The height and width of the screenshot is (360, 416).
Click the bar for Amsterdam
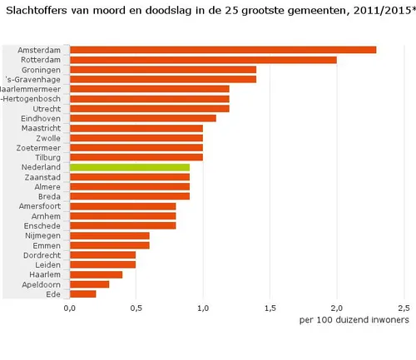click(223, 50)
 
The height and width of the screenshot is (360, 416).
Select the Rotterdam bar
click(203, 60)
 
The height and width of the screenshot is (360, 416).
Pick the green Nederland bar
click(130, 167)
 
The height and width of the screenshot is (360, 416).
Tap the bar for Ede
click(83, 293)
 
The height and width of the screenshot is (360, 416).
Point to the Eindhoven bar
click(143, 118)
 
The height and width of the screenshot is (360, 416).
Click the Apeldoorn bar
click(90, 284)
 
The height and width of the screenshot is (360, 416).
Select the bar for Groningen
click(163, 70)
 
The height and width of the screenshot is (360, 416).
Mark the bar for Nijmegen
click(110, 234)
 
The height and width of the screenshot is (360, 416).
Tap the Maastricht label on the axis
click(41, 128)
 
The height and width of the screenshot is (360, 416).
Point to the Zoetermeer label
click(39, 148)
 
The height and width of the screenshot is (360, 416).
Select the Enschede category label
click(42, 225)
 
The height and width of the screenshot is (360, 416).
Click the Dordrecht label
click(42, 254)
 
